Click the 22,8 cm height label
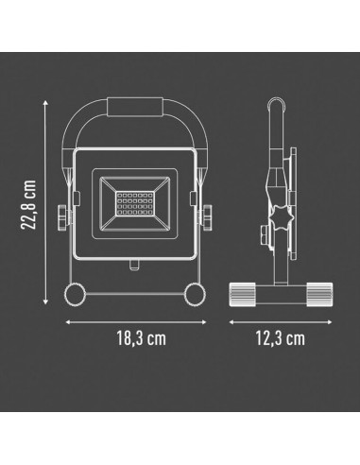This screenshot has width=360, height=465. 29,204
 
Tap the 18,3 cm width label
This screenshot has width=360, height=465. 142,338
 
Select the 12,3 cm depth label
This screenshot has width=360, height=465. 280,338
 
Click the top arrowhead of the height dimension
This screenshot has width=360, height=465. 45,103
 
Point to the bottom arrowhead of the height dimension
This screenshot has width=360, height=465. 45,301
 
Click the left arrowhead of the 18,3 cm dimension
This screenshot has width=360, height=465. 68,322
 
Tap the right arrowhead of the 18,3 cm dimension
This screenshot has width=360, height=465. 203,322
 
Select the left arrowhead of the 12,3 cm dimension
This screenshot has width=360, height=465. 231,322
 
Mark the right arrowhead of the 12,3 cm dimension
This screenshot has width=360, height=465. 329,322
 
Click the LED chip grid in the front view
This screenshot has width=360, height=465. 135,203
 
